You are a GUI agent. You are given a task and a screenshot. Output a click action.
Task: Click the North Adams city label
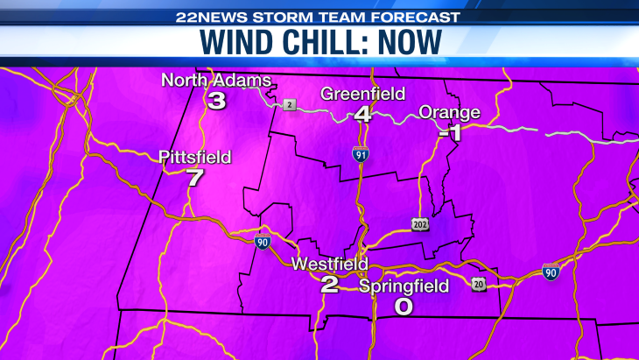click(x=216, y=81)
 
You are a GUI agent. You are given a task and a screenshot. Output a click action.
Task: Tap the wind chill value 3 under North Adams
click(x=216, y=101)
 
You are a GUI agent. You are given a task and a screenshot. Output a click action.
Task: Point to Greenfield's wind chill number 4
click(x=362, y=114)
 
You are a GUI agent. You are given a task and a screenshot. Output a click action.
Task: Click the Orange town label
click(x=450, y=112)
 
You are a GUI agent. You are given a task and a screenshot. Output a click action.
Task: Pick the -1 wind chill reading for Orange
click(x=450, y=132)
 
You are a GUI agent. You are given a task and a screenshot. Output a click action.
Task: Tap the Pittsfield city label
click(x=195, y=158)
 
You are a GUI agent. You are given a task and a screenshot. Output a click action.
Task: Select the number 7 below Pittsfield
click(x=195, y=179)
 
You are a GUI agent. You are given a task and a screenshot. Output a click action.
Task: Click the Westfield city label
click(x=330, y=264)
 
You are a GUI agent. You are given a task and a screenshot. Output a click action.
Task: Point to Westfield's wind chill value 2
click(x=330, y=284)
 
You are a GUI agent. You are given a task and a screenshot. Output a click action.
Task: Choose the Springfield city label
click(x=404, y=286)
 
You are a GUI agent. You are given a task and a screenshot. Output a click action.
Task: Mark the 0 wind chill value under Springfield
click(x=404, y=307)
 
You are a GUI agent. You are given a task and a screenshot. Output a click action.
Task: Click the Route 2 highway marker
click(x=290, y=105)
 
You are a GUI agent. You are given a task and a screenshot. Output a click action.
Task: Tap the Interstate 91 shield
click(x=361, y=155)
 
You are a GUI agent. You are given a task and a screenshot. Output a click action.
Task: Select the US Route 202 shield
click(x=420, y=224)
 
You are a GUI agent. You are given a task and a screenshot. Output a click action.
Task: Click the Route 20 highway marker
click(x=478, y=286)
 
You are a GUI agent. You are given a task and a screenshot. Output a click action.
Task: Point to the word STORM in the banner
click(x=290, y=15)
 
